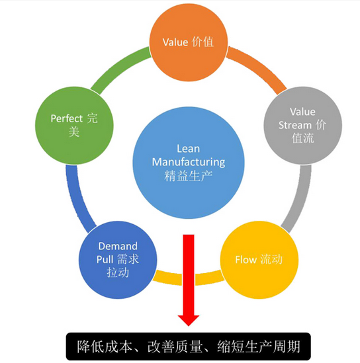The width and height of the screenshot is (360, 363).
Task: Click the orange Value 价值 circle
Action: coord(189,42)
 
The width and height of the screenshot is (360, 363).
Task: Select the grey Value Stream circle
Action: coord(303,125)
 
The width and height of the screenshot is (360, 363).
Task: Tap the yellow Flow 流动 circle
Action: coord(259,260)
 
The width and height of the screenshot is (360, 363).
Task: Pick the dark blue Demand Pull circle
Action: coord(118,260)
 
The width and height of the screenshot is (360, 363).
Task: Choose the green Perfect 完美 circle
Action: coord(74,125)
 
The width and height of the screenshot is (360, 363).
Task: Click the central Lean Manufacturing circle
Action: coord(189,163)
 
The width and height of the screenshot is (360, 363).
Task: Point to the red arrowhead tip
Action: coord(189,326)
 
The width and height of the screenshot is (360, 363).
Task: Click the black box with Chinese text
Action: coord(189,346)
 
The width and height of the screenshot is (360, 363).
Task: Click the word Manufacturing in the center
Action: coord(189,163)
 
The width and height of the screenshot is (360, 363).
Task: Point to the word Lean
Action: coord(189,149)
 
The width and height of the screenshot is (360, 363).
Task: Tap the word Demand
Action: coord(118,246)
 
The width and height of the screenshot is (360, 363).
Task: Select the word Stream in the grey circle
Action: coord(295,125)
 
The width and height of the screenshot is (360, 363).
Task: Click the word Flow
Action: coord(246,260)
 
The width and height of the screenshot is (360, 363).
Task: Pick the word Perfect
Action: coord(67,118)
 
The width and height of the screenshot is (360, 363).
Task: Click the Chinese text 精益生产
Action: coord(189,176)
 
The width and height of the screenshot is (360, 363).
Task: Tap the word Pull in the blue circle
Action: coord(105,259)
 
